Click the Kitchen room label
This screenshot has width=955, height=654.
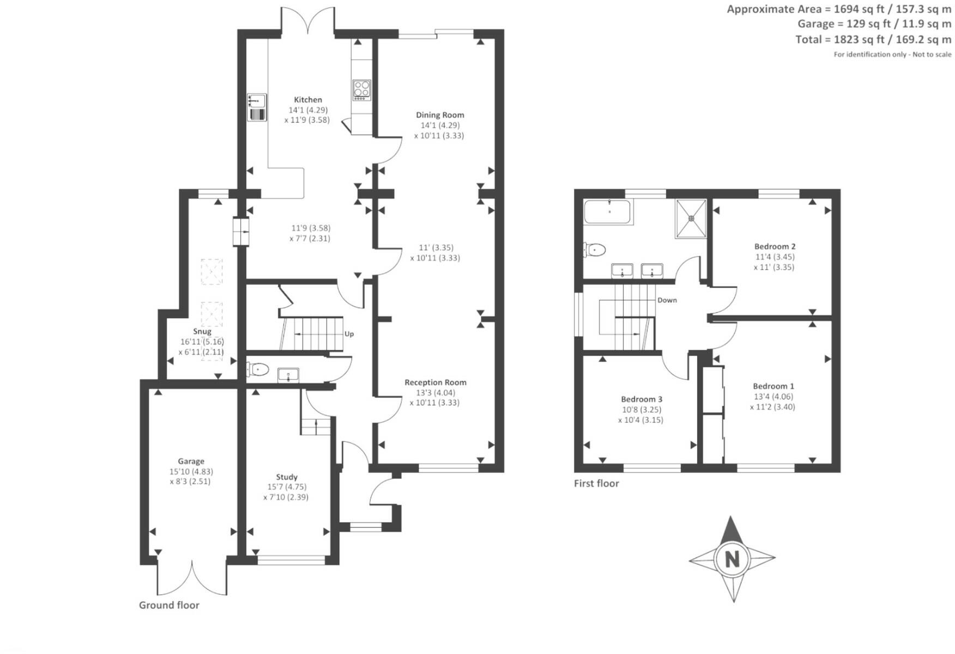[x=308, y=100]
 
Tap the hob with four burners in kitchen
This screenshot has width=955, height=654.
[x=362, y=90]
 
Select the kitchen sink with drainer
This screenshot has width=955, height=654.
[x=257, y=107]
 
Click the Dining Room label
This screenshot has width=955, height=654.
[x=440, y=115]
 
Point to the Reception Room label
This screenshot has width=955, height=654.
[x=435, y=383]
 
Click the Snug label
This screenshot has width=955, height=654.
[x=202, y=331]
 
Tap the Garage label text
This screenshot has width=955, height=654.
[x=191, y=461]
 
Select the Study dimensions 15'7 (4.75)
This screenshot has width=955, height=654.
[x=287, y=487]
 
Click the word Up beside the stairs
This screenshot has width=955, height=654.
[x=349, y=334]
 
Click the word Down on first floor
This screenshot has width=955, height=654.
[x=667, y=300]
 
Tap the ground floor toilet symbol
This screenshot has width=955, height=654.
[x=258, y=370]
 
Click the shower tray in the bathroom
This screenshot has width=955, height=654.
[x=691, y=219]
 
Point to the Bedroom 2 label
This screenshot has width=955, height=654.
[x=775, y=246]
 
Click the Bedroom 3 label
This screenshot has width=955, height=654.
[x=642, y=399]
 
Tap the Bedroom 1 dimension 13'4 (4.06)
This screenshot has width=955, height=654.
[x=773, y=397]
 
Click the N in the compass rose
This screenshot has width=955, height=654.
[x=732, y=559]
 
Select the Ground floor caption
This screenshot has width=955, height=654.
[x=169, y=605]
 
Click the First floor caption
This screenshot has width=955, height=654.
[x=596, y=483]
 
